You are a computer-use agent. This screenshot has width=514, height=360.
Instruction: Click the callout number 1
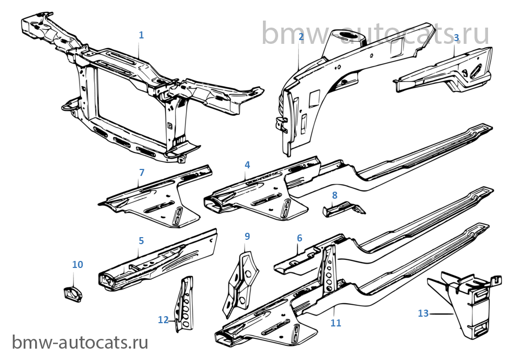(141, 35)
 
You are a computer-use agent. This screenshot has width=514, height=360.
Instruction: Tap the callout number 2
(301, 37)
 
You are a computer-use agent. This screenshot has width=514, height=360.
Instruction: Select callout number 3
(456, 38)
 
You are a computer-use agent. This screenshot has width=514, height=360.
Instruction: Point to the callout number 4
(247, 165)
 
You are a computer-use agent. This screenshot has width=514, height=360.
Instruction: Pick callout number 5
(141, 241)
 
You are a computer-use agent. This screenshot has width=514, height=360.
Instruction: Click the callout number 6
(299, 238)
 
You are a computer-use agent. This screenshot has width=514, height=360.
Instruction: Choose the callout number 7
(142, 173)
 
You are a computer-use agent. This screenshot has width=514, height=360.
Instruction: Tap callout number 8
(334, 195)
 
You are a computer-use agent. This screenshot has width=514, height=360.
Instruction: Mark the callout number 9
(247, 237)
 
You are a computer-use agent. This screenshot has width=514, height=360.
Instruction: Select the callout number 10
(77, 265)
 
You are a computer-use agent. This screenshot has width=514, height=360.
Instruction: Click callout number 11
(335, 323)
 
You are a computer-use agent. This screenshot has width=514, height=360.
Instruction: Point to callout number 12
(163, 320)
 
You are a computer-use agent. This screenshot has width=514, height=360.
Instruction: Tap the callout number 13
(423, 313)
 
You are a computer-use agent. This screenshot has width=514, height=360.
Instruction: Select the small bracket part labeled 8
(344, 209)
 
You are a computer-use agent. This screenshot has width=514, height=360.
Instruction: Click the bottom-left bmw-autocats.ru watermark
(80, 343)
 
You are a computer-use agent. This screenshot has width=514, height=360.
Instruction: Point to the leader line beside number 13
(441, 314)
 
